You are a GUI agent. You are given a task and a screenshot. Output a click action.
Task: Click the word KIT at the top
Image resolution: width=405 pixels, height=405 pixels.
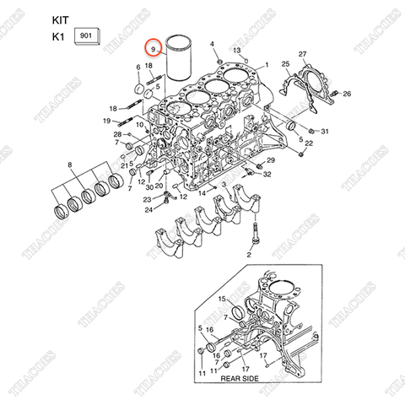tap(62, 18)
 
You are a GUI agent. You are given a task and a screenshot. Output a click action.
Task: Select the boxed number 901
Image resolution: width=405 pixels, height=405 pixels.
tap(86, 36)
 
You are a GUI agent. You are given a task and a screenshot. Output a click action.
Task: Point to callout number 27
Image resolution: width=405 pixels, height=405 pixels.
tap(303, 55)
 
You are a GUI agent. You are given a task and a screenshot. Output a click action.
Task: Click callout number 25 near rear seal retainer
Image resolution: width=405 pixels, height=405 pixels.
tap(285, 65)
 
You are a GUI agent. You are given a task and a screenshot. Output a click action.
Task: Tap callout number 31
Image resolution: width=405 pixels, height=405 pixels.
tap(326, 132)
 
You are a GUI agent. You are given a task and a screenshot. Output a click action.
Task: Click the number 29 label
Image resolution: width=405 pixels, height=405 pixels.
tap(272, 159)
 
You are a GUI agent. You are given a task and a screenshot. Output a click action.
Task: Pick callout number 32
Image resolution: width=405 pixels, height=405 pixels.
tap(267, 175)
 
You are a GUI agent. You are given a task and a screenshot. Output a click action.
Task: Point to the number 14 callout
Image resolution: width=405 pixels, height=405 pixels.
tap(202, 193)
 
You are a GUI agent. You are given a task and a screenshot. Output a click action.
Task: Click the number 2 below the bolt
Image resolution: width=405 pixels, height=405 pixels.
tap(249, 253)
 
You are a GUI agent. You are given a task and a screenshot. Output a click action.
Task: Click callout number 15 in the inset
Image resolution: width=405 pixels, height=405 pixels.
tap(223, 300)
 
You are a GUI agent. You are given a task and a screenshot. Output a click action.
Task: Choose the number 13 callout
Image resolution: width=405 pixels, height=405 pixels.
tap(237, 51)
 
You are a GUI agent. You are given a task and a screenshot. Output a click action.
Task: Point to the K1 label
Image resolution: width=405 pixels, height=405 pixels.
tap(58, 38)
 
